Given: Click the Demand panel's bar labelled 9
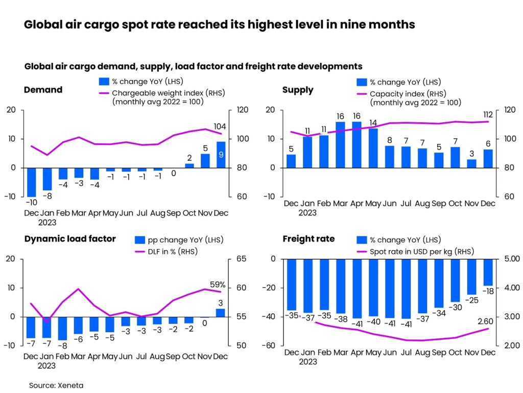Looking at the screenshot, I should pyautogui.click(x=221, y=155).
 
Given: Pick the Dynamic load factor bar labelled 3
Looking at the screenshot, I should pyautogui.click(x=220, y=313).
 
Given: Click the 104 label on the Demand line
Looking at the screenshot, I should pyautogui.click(x=220, y=127).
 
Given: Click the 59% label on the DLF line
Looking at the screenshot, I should pyautogui.click(x=218, y=285).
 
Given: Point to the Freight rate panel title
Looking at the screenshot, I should pyautogui.click(x=308, y=239).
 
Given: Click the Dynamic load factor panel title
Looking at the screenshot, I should pyautogui.click(x=69, y=239).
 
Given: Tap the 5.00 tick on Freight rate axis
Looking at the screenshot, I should pyautogui.click(x=511, y=259).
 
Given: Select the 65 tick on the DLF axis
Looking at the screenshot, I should pyautogui.click(x=241, y=259).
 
